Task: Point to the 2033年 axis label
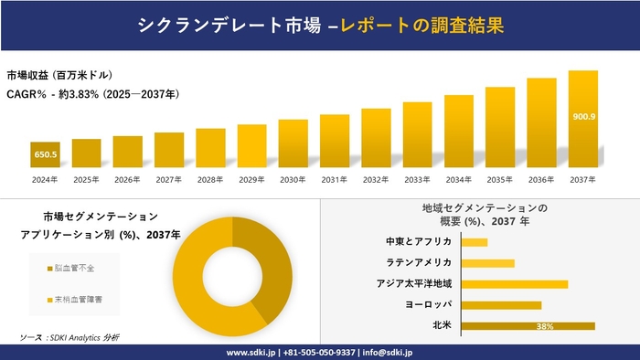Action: (x=417, y=179)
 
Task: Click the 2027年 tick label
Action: (x=169, y=179)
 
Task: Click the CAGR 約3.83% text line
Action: (x=92, y=94)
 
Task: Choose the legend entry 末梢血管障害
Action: (x=78, y=299)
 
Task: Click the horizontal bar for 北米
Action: (x=528, y=325)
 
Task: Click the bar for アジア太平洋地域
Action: (x=515, y=284)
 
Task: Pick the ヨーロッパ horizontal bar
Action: (x=501, y=305)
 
